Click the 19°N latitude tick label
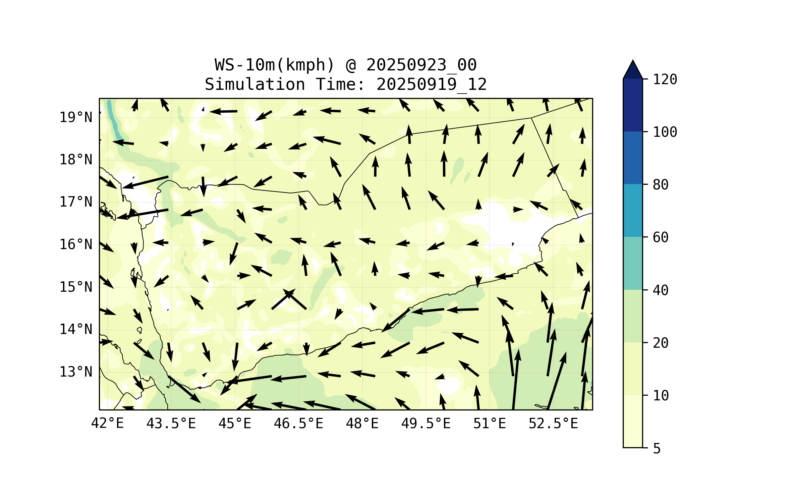pos(76,117)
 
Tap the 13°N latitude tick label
pos(76,372)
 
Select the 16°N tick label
pos(76,244)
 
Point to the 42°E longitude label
pos(107,424)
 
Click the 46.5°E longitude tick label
pos(298,424)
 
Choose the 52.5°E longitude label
pos(553,424)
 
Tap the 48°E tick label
pos(362,424)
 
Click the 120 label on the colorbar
pos(665,79)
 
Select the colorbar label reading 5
pos(657,449)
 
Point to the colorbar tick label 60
pos(661,237)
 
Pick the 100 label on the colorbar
pos(665,132)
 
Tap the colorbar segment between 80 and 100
pos(633,158)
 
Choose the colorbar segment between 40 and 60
pos(633,263)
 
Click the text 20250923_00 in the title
pos(421,65)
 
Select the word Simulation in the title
pos(255,85)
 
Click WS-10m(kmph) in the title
pos(275,65)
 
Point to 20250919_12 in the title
pos(432,85)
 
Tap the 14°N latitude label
pos(76,329)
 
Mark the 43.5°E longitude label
pos(171,424)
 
